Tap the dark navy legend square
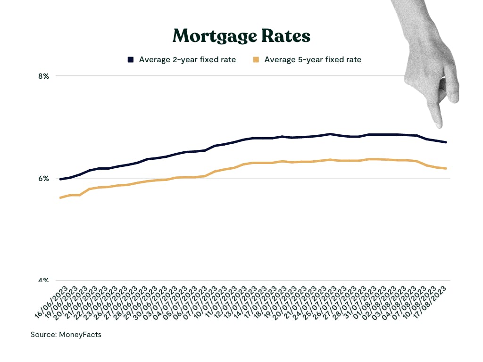[x=131, y=59]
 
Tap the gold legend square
[x=256, y=59]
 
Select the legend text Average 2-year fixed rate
[x=187, y=59]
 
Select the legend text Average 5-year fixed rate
[x=313, y=59]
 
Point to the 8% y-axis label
[x=43, y=76]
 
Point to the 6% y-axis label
[x=43, y=178]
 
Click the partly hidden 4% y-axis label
[x=43, y=280]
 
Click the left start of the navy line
[x=60, y=179]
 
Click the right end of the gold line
[x=446, y=168]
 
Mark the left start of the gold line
[x=60, y=197]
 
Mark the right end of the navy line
[x=446, y=142]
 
